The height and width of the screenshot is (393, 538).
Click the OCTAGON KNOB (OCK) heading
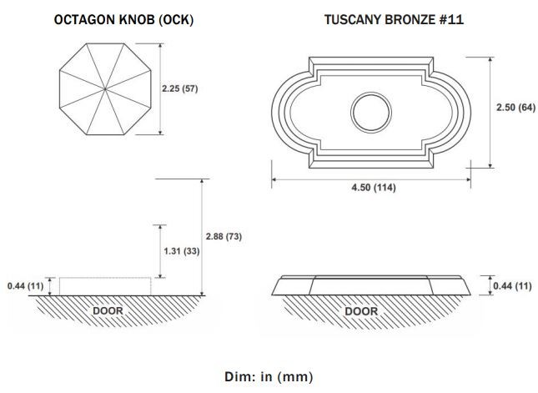pyautogui.click(x=123, y=19)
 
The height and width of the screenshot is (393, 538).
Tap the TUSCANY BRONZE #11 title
pyautogui.click(x=394, y=19)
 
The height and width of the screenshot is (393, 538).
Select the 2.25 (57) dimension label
pyautogui.click(x=180, y=88)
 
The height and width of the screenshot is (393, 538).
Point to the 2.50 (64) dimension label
pyautogui.click(x=515, y=108)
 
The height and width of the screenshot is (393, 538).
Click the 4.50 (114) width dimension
pyautogui.click(x=374, y=188)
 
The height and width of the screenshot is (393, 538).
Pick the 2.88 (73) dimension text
pyautogui.click(x=224, y=236)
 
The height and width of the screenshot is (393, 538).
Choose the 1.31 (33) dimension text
pyautogui.click(x=182, y=251)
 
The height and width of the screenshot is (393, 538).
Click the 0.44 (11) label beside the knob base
pyautogui.click(x=25, y=285)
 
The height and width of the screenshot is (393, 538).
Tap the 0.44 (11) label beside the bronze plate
pyautogui.click(x=512, y=286)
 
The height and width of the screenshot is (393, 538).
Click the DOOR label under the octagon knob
pyautogui.click(x=108, y=311)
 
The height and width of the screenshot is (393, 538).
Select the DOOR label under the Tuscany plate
pyautogui.click(x=361, y=311)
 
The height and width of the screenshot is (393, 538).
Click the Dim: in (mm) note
pyautogui.click(x=269, y=376)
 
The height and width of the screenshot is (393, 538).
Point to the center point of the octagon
pyautogui.click(x=105, y=89)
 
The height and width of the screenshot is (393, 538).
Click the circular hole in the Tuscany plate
pyautogui.click(x=371, y=113)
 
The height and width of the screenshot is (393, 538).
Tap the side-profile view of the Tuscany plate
pyautogui.click(x=371, y=285)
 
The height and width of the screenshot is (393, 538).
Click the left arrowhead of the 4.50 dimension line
pyautogui.click(x=274, y=179)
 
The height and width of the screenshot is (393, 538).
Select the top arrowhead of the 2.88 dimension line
pyautogui.click(x=202, y=182)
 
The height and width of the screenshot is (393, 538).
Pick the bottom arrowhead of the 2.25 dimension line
pyautogui.click(x=160, y=132)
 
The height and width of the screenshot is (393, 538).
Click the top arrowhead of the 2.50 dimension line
pyautogui.click(x=490, y=60)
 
